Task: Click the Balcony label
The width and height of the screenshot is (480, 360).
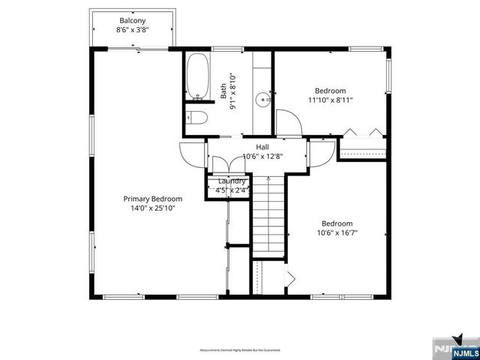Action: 132,20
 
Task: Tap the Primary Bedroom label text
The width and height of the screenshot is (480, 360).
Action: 153,199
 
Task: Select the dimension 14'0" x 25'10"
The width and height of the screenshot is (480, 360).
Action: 153,208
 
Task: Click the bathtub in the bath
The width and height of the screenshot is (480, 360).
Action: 199,78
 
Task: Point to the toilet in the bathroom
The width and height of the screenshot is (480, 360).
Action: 194,116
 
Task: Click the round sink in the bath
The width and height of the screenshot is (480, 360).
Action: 262,98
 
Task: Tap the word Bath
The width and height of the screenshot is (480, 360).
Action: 223,91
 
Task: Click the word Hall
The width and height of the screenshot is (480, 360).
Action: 262,147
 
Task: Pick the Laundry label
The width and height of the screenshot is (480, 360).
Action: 232,181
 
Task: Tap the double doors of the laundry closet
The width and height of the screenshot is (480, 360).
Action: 221,165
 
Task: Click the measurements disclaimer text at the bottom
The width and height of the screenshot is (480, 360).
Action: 240,350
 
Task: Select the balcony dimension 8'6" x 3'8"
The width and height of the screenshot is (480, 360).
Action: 132,31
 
